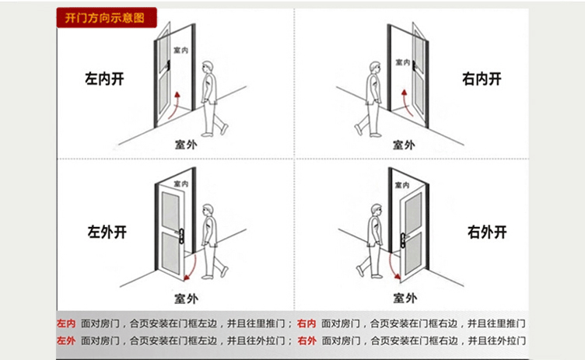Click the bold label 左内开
tap(105, 79)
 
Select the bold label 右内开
tap(481, 78)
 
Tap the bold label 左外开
tap(107, 231)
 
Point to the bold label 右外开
tap(487, 231)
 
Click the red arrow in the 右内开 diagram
tap(405, 100)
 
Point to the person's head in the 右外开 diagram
tap(377, 211)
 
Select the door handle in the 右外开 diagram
tap(403, 235)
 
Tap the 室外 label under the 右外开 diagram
tap(404, 298)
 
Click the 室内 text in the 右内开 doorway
tap(402, 62)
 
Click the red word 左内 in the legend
tap(66, 323)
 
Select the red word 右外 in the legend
tap(307, 341)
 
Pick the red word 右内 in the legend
tap(307, 323)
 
